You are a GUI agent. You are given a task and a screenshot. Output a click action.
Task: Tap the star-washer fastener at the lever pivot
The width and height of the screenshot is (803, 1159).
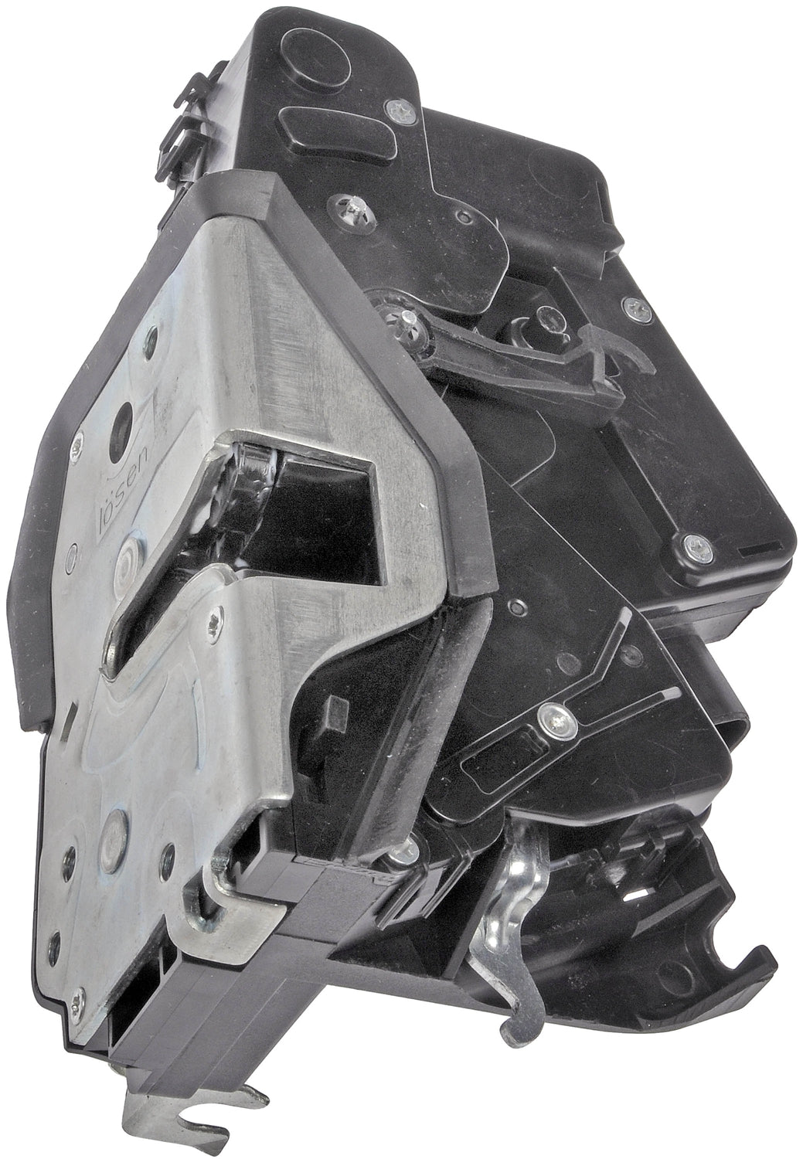point(403,316)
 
